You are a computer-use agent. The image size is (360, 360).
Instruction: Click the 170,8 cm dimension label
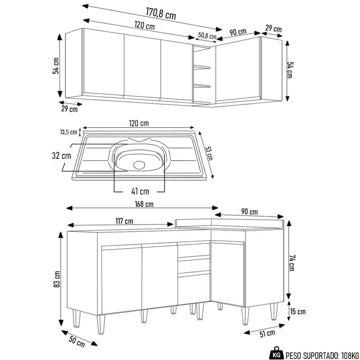coord(161,13)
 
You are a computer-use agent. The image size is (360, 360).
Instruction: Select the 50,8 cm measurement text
coord(207,36)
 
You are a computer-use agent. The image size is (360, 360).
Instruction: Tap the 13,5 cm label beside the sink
coord(68,132)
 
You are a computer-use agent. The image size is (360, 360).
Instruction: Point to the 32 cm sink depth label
coord(61,156)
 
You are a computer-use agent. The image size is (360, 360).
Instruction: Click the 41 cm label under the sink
coord(140,191)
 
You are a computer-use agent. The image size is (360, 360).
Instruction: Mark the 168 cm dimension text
coord(144,204)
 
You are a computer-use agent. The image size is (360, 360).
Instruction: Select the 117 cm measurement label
coord(123,221)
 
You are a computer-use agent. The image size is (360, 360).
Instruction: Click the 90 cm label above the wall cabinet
coord(238,32)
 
